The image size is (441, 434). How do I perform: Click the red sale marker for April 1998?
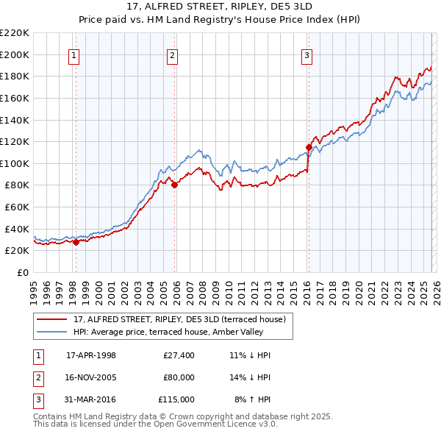coord(76,242)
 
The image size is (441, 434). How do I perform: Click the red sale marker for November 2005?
coord(174,185)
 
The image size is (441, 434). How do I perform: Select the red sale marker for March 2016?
coord(309,147)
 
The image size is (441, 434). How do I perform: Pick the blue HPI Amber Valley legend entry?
coord(173,332)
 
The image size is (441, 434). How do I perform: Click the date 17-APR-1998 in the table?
coord(91,355)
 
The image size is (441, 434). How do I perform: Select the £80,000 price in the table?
coord(179,377)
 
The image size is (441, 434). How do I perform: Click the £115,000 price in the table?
coord(177,399)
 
